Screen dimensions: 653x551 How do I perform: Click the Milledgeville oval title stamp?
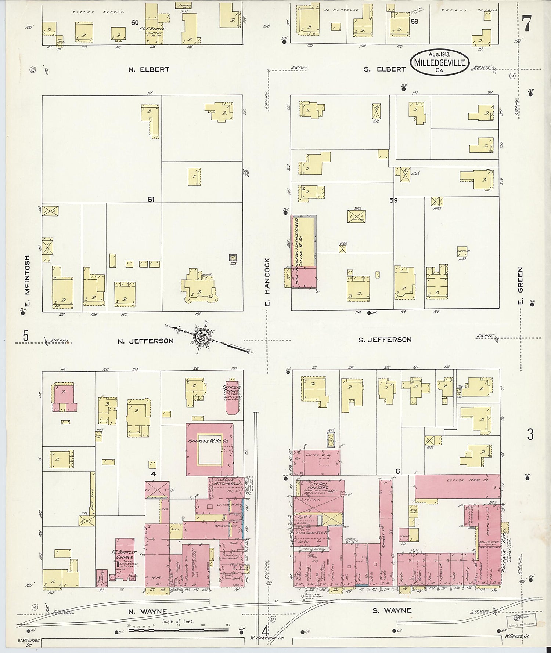click(x=439, y=62)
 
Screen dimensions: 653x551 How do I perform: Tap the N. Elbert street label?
click(x=149, y=69)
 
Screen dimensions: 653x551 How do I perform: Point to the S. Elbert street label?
click(x=385, y=69)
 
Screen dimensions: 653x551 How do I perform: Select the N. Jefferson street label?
click(x=145, y=341)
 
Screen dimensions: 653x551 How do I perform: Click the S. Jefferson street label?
click(x=385, y=340)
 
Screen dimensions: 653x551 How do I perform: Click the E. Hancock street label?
click(x=267, y=282)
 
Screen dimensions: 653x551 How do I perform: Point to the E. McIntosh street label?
click(x=27, y=281)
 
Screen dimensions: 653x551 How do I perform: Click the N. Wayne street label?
click(x=147, y=612)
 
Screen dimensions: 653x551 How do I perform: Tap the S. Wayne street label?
click(x=392, y=610)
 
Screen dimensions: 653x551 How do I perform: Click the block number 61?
click(x=151, y=199)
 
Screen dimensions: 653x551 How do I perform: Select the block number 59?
click(x=393, y=200)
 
